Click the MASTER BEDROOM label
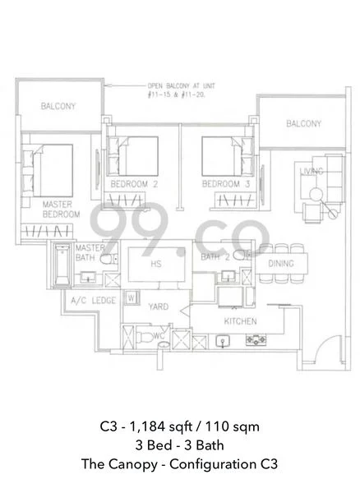[61, 210]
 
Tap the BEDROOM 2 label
[134, 184]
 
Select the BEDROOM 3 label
[226, 184]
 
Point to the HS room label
[156, 264]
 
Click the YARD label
[158, 306]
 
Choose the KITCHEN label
[240, 321]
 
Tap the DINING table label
[281, 264]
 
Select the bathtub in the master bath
[62, 265]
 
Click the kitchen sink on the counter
[223, 341]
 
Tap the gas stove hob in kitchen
[256, 339]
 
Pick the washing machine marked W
[132, 297]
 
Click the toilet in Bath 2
[241, 255]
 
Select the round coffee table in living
[316, 195]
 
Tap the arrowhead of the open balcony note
[107, 85]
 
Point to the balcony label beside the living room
[304, 123]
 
